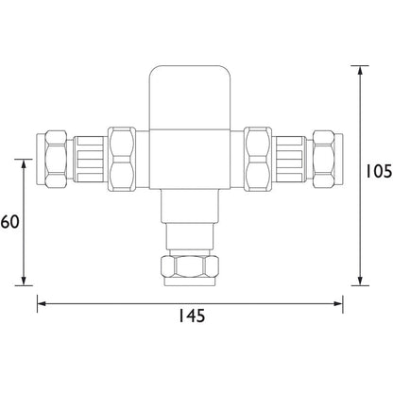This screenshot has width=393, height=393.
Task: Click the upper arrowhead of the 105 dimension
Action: tap(360, 72)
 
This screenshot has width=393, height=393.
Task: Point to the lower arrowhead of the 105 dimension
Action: tap(360, 280)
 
